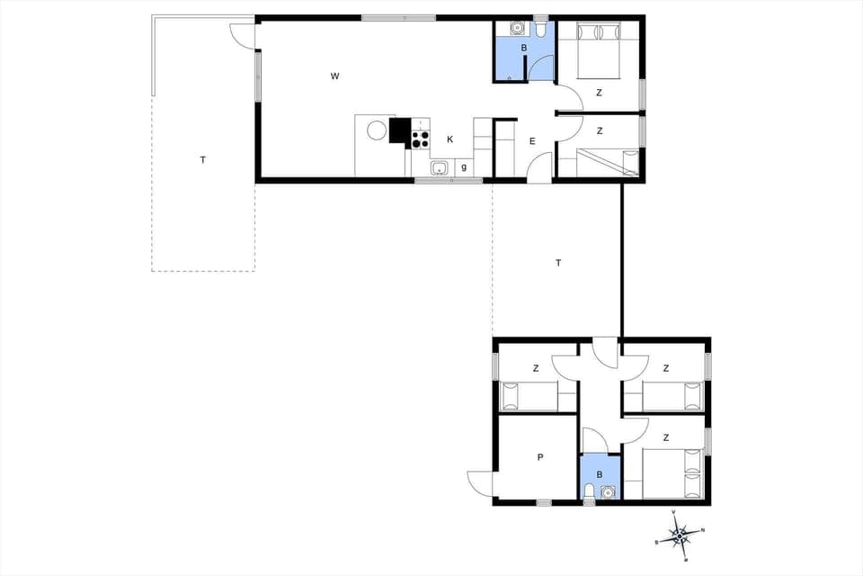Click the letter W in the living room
[x=334, y=76]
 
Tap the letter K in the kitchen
[x=450, y=139]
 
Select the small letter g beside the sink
[x=464, y=166]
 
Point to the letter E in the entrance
[x=532, y=141]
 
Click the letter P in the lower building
[x=540, y=457]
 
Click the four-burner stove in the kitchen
[x=420, y=139]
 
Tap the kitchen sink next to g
[x=440, y=167]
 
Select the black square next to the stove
[x=399, y=131]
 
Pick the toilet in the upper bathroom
[x=540, y=30]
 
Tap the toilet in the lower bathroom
[x=589, y=491]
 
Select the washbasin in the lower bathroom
[x=609, y=492]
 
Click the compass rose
[x=680, y=535]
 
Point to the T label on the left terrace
[x=203, y=160]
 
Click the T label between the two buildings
[x=558, y=263]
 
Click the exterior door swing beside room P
[x=480, y=483]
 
